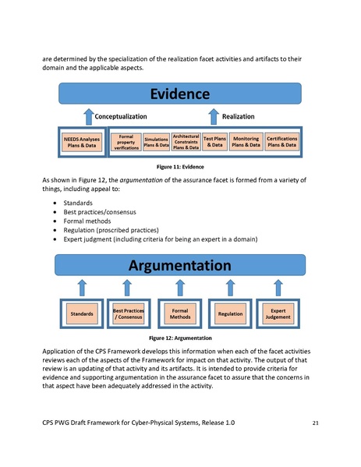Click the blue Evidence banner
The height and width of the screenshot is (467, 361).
180,95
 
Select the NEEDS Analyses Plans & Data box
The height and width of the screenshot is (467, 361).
81,141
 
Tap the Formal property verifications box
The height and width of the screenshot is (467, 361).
125,141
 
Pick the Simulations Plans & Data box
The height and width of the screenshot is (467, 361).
157,141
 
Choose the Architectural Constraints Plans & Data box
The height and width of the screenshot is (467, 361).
186,141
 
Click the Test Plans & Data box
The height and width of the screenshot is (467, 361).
214,141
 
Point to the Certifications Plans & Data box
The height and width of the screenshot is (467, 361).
281,141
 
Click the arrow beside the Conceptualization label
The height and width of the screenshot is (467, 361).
88,116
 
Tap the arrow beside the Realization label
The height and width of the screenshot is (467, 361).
213,116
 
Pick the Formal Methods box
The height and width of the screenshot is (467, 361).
180,313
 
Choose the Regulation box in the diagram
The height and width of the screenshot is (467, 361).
231,313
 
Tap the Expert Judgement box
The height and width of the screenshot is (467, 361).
279,313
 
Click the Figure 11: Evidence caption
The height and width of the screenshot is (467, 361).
180,167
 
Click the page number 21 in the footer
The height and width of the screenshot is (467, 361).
315,422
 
